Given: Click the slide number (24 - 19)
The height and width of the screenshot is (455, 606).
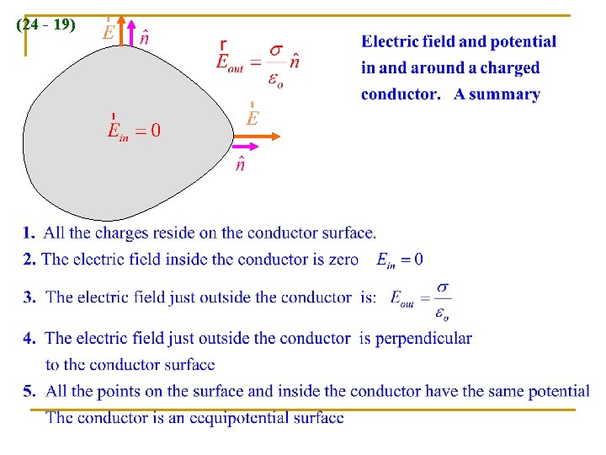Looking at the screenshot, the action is (45, 25).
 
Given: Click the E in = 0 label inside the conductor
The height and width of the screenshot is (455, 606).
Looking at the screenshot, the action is (133, 130).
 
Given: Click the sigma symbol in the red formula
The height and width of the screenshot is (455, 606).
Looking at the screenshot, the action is (275, 51).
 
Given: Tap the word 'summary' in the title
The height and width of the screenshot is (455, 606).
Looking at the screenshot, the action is (497, 94).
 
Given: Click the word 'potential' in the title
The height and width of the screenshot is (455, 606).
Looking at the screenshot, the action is (524, 41).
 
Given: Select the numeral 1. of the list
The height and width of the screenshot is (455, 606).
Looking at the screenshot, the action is (29, 233).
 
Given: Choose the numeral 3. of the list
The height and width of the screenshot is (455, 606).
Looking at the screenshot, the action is (29, 297).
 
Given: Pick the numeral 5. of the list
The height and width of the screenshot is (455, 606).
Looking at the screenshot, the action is (29, 391).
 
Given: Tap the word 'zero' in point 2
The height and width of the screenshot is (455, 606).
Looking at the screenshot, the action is (337, 260).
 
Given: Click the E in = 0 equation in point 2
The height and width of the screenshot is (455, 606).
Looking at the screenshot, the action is (399, 260).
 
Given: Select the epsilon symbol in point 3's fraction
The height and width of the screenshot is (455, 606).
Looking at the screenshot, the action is (441, 314).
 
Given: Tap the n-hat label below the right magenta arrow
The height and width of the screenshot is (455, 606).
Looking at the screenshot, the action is (240, 165).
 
